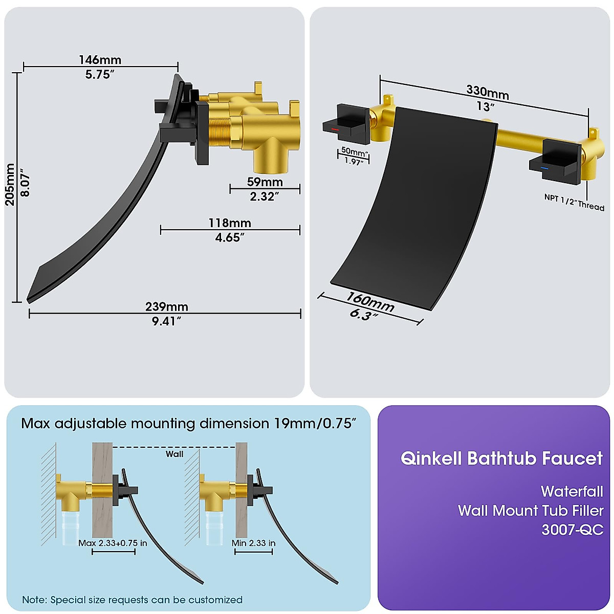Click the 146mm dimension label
pyautogui.click(x=100, y=60)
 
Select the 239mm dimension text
pyautogui.click(x=166, y=306)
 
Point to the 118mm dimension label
pyautogui.click(x=229, y=223)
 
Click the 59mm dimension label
pyautogui.click(x=265, y=182)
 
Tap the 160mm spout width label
pyautogui.click(x=370, y=301)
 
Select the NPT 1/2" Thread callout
pyautogui.click(x=574, y=203)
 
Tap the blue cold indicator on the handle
pyautogui.click(x=545, y=167)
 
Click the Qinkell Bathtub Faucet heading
pyautogui.click(x=501, y=458)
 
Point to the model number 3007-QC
pyautogui.click(x=572, y=529)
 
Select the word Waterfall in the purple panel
pyautogui.click(x=572, y=491)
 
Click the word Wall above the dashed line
pyautogui.click(x=174, y=454)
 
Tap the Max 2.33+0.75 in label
pyautogui.click(x=113, y=543)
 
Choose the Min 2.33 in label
pyautogui.click(x=253, y=543)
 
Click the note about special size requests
pyautogui.click(x=132, y=600)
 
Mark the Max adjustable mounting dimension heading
pyautogui.click(x=188, y=424)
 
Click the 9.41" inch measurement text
pyautogui.click(x=166, y=321)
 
